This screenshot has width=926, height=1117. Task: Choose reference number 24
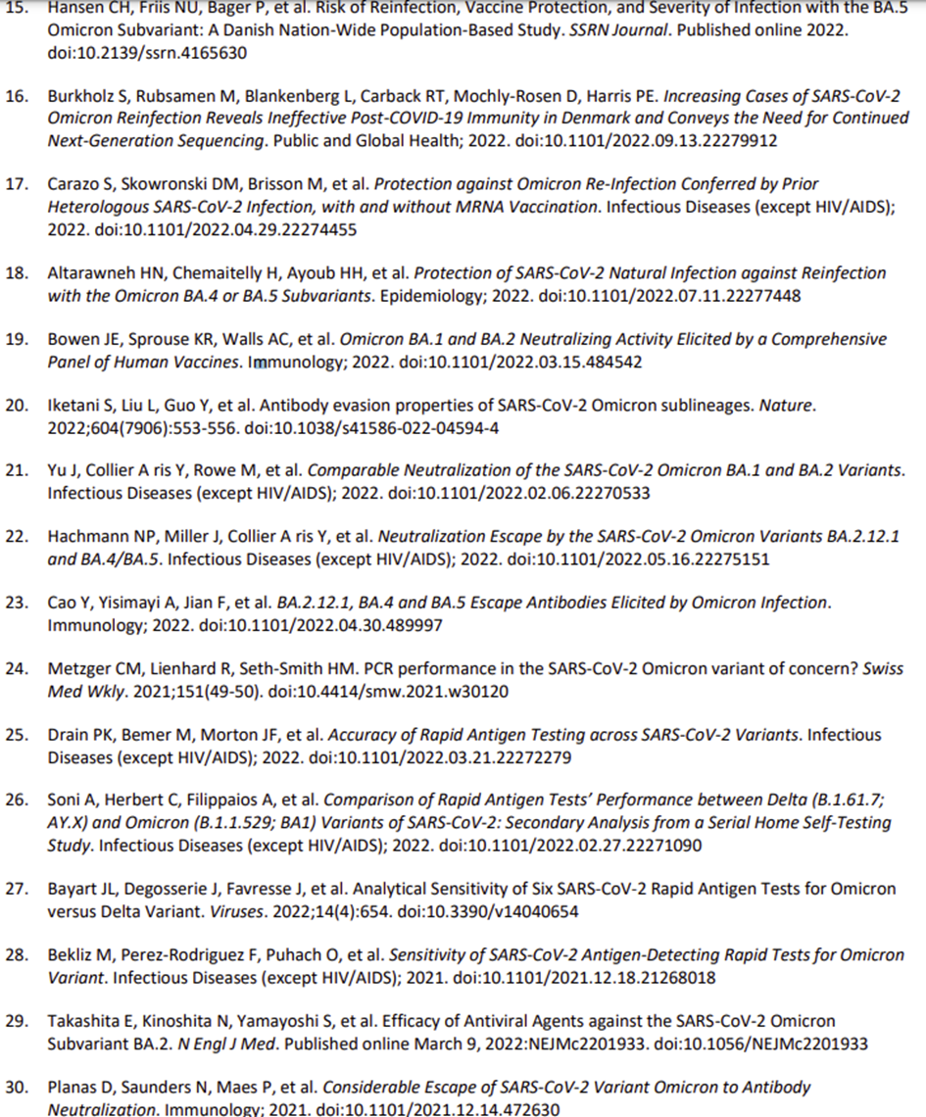pyautogui.click(x=17, y=669)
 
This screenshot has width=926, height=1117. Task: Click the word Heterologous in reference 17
pyautogui.click(x=95, y=207)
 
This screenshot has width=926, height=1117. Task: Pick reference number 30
pyautogui.click(x=17, y=1087)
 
